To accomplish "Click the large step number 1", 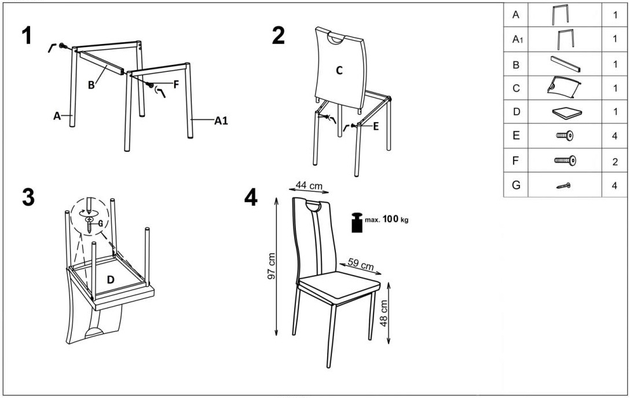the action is pyautogui.click(x=27, y=35).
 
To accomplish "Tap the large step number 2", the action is pyautogui.click(x=279, y=35).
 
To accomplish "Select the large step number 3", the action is pyautogui.click(x=28, y=198).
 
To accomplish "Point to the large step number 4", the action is pyautogui.click(x=251, y=198).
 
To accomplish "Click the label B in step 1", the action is pyautogui.click(x=91, y=85).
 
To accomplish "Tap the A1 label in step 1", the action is pyautogui.click(x=221, y=120).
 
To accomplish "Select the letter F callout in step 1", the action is pyautogui.click(x=176, y=85).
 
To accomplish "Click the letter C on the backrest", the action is pyautogui.click(x=339, y=70).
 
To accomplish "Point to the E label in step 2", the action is pyautogui.click(x=376, y=126).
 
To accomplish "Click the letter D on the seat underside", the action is pyautogui.click(x=111, y=280).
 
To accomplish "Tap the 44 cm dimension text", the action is pyautogui.click(x=309, y=185).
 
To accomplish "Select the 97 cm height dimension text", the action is pyautogui.click(x=271, y=266).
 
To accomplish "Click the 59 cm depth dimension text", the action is pyautogui.click(x=361, y=265).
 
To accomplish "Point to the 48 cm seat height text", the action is pyautogui.click(x=384, y=313).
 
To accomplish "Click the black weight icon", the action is pyautogui.click(x=357, y=222).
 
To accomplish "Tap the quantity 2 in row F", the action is pyautogui.click(x=615, y=162).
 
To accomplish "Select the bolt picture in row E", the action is pyautogui.click(x=565, y=136).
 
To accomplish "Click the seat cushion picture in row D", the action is pyautogui.click(x=567, y=112).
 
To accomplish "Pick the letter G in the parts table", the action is pyautogui.click(x=517, y=185).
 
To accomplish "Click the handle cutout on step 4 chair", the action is pyautogui.click(x=313, y=207).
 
